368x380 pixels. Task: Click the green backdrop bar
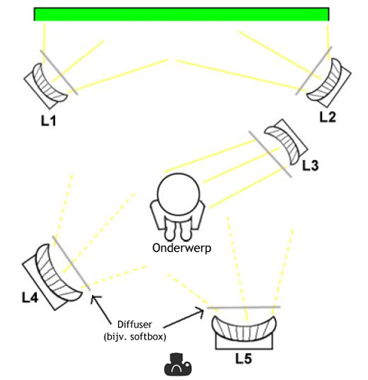pyautogui.click(x=182, y=15)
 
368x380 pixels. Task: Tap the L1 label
pyautogui.click(x=48, y=120)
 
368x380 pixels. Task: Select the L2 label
pyautogui.click(x=327, y=117)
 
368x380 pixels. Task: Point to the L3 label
pyautogui.click(x=310, y=165)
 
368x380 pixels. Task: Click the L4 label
pyautogui.click(x=30, y=297)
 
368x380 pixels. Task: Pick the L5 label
pyautogui.click(x=244, y=359)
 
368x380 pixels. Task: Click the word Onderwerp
pyautogui.click(x=182, y=248)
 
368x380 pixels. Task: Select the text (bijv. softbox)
pyautogui.click(x=135, y=337)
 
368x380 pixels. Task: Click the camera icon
pyautogui.click(x=178, y=365)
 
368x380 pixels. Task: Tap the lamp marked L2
pyautogui.click(x=329, y=82)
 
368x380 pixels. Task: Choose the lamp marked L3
pyautogui.click(x=285, y=142)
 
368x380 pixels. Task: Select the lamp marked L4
pyautogui.click(x=52, y=277)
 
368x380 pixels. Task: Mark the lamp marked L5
pyautogui.click(x=244, y=332)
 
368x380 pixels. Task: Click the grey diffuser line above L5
pyautogui.click(x=244, y=307)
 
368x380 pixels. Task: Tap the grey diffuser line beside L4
pyautogui.click(x=71, y=263)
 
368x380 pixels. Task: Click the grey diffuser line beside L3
pyautogui.click(x=270, y=154)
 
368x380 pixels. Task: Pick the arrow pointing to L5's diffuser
pyautogui.click(x=183, y=319)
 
